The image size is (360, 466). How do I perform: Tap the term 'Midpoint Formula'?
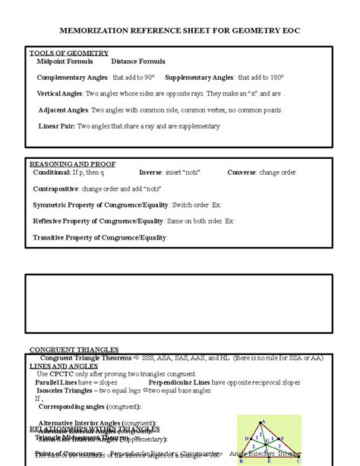(65, 61)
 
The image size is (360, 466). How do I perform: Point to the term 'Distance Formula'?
(138, 61)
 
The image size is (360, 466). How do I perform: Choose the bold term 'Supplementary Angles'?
(199, 78)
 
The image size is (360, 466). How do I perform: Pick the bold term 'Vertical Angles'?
(60, 94)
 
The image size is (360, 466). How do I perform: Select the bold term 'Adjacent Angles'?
(62, 109)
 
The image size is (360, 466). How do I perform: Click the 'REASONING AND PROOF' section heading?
(67, 163)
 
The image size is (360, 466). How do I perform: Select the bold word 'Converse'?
(242, 173)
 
